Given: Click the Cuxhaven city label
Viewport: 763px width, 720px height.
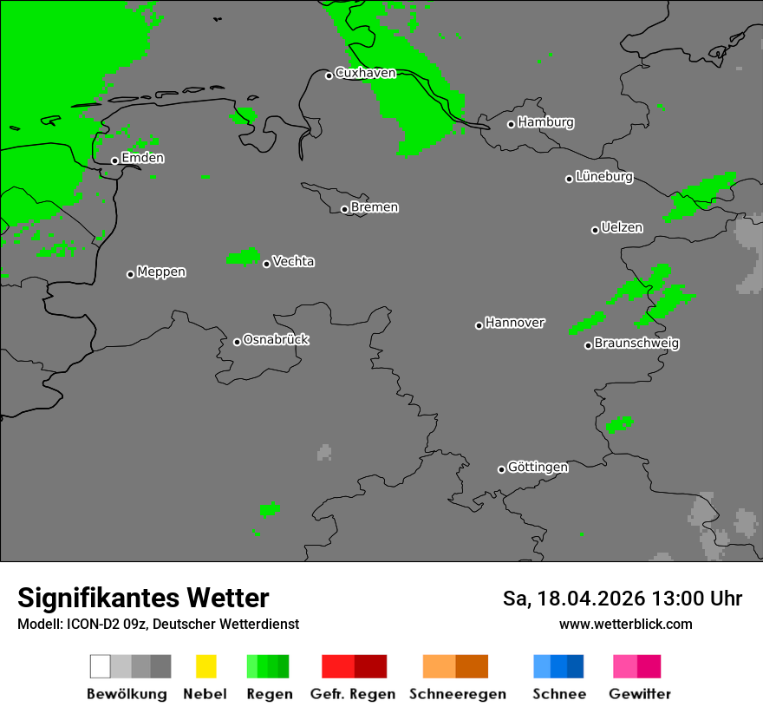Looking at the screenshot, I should pyautogui.click(x=365, y=74).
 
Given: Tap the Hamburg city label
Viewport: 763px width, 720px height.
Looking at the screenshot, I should pyautogui.click(x=545, y=123).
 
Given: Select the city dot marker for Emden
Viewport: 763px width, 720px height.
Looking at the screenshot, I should pyautogui.click(x=114, y=160).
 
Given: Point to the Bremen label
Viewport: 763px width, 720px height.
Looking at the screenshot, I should pyautogui.click(x=375, y=208).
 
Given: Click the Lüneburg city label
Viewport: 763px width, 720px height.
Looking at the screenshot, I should pyautogui.click(x=604, y=177).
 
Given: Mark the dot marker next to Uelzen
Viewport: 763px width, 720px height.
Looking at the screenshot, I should pyautogui.click(x=595, y=230).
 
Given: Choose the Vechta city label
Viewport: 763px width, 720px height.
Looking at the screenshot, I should pyautogui.click(x=293, y=262).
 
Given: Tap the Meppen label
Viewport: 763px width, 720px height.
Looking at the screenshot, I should pyautogui.click(x=161, y=272).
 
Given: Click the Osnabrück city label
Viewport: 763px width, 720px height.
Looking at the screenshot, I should pyautogui.click(x=276, y=340).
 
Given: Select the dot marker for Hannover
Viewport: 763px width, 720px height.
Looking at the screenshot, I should pyautogui.click(x=479, y=325).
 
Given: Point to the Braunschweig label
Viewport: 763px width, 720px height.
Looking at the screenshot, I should pyautogui.click(x=636, y=344).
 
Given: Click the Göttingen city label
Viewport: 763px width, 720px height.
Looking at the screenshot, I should pyautogui.click(x=538, y=468).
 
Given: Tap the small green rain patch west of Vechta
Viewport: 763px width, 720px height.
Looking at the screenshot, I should pyautogui.click(x=243, y=256).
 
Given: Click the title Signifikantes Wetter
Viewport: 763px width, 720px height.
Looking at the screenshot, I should pyautogui.click(x=143, y=599).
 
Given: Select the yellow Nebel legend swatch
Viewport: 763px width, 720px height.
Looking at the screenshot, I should pyautogui.click(x=205, y=666).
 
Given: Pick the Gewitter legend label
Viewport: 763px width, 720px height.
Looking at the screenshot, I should pyautogui.click(x=640, y=694).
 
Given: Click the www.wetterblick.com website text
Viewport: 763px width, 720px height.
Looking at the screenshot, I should pyautogui.click(x=625, y=624).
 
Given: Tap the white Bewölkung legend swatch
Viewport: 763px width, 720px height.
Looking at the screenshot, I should pyautogui.click(x=100, y=666).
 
